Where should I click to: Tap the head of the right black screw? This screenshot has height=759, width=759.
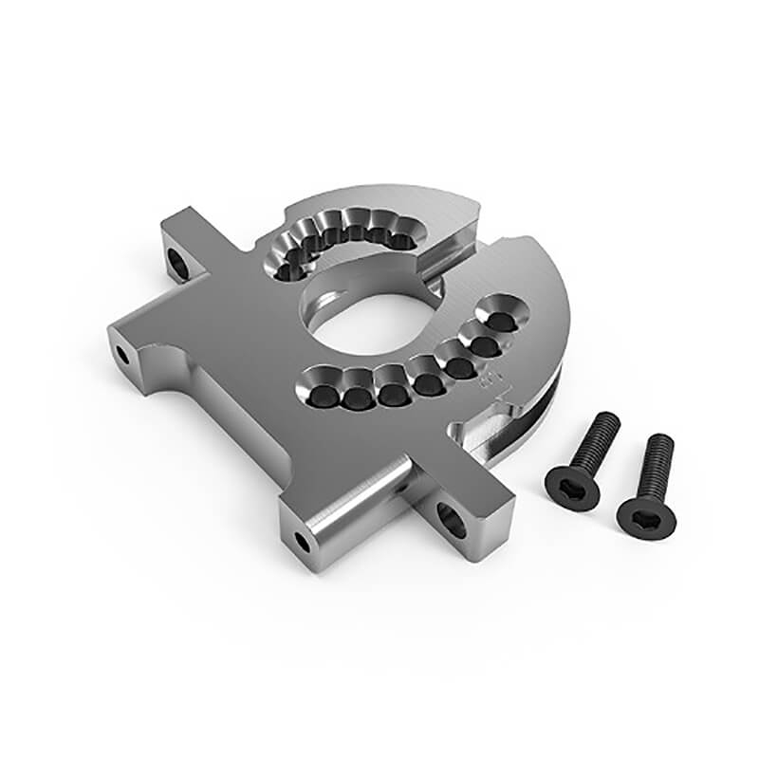click(645, 516)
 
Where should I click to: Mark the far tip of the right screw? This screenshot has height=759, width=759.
click(661, 440)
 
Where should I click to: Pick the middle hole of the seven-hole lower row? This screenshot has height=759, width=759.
click(429, 383)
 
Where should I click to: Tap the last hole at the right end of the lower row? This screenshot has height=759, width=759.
click(505, 324)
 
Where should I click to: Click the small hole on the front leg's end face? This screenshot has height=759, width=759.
click(302, 543)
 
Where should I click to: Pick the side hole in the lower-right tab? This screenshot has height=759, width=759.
click(451, 518)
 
